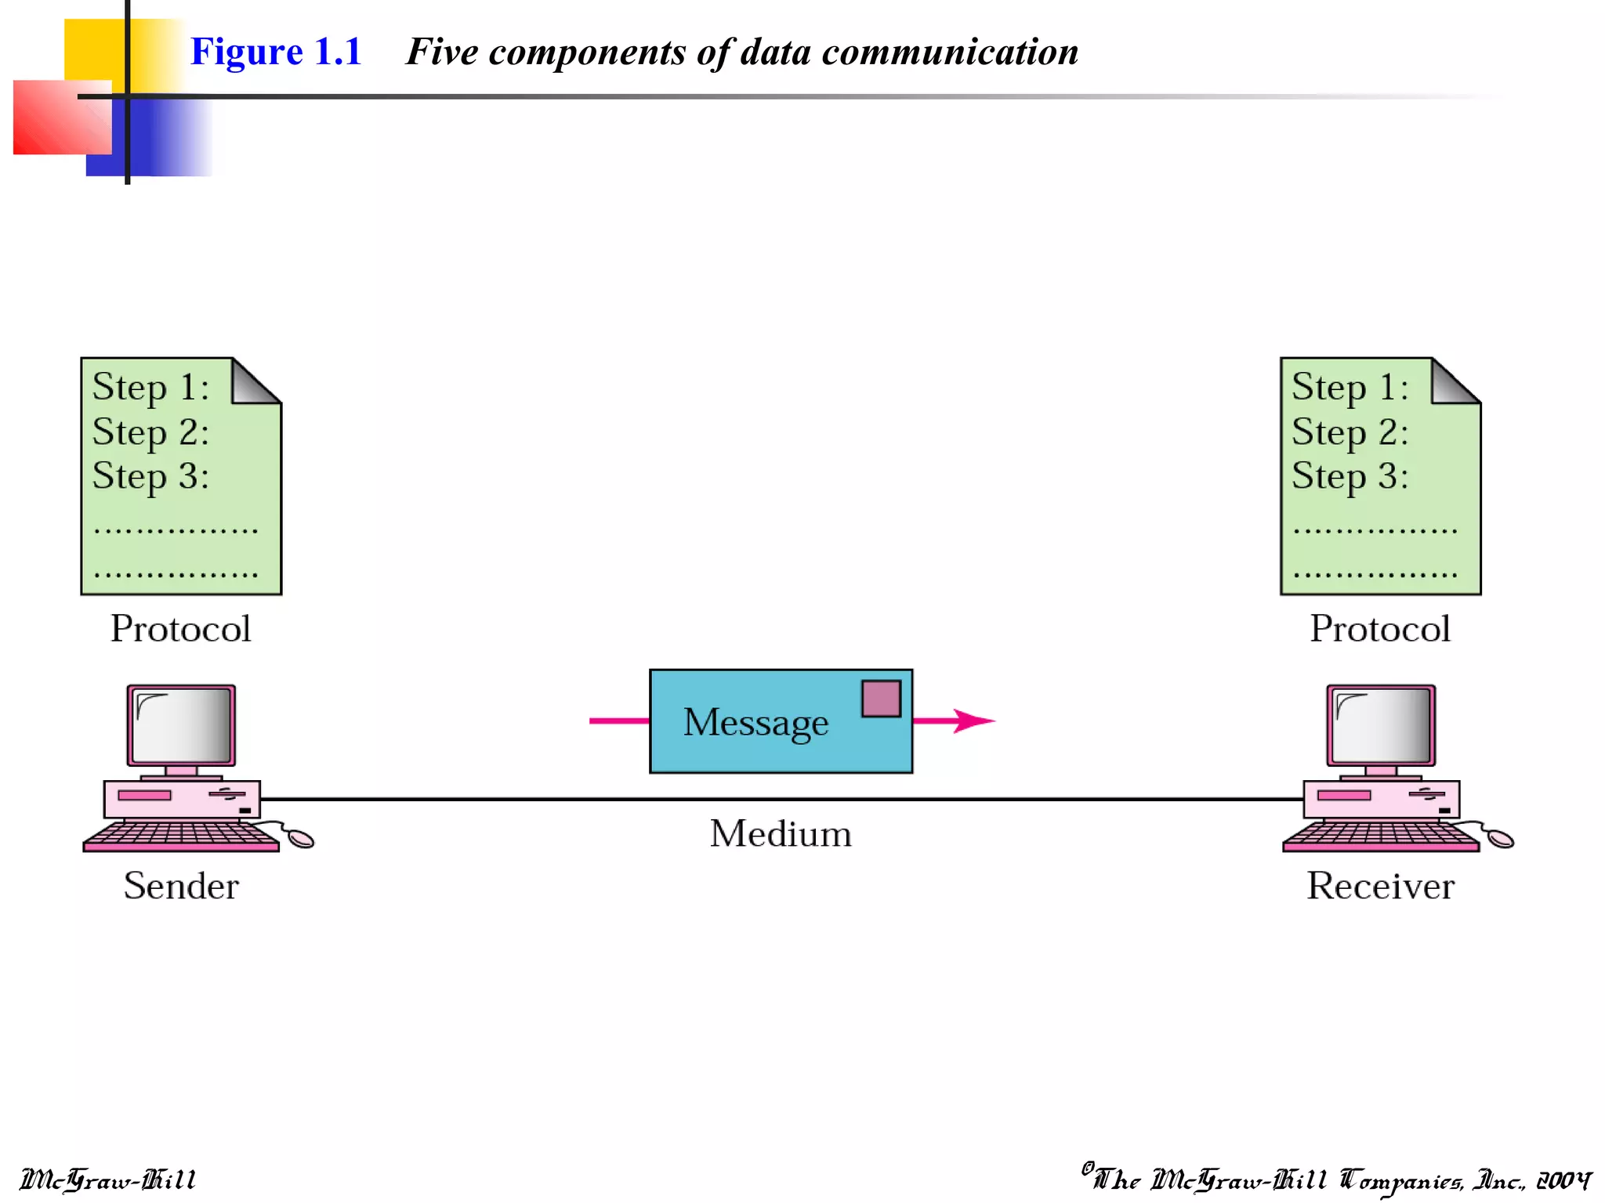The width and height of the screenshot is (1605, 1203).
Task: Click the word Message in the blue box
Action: coord(755,722)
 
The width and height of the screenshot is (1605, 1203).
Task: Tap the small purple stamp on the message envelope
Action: coord(881,699)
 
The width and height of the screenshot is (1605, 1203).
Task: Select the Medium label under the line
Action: coord(781,833)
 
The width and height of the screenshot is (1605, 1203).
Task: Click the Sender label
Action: coord(181,886)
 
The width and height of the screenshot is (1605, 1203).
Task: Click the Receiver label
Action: coord(1380,886)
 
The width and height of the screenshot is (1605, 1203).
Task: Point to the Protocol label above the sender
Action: coord(181,629)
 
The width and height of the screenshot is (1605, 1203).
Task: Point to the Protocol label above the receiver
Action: coord(1380,629)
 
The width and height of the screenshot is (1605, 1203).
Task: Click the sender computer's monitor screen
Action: coord(182,725)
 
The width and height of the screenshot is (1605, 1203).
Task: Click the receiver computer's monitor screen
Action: coord(1381,725)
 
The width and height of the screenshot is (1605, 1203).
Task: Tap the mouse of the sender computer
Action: coord(301,839)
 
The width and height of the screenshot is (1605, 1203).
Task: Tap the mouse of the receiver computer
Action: coord(1501,839)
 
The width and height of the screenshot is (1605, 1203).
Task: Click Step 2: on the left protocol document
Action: coord(150,432)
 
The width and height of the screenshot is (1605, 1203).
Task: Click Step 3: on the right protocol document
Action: coord(1350,476)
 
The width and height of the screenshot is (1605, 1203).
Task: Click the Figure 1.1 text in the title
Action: coord(276,52)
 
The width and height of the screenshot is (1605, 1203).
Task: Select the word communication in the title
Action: coord(950,52)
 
